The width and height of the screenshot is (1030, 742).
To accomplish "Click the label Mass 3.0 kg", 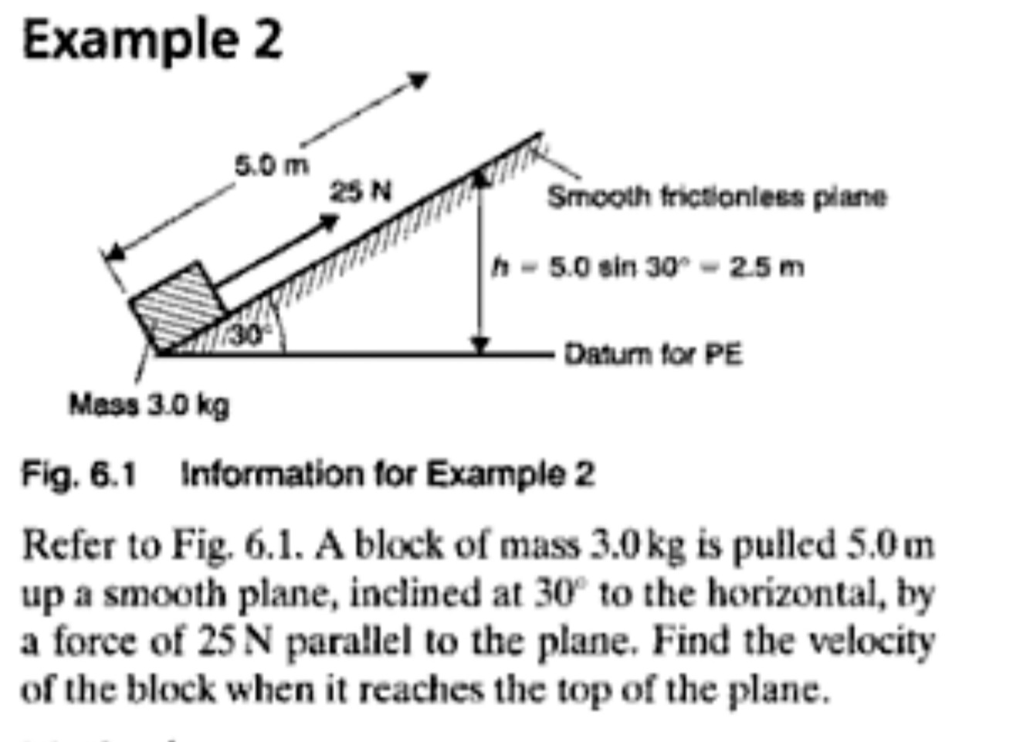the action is [x=149, y=404].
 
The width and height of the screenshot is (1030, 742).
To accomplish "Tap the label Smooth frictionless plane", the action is [x=717, y=197].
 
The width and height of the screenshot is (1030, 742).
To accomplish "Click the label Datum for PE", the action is [x=653, y=354].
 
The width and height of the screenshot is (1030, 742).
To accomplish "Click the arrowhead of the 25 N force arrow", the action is [x=330, y=222].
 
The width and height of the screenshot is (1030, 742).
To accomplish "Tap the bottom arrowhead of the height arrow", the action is [x=481, y=344].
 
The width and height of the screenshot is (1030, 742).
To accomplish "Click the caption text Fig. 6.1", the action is [x=79, y=473].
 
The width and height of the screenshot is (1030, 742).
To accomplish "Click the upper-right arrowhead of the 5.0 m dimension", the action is [x=418, y=79].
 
